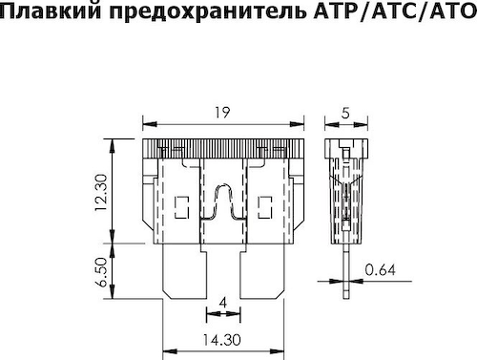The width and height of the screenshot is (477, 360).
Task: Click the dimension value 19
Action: (223, 111)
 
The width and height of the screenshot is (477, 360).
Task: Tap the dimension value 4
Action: (222, 303)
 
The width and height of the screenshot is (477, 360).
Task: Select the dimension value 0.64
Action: (381, 270)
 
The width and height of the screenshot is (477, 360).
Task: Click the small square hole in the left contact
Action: (183, 202)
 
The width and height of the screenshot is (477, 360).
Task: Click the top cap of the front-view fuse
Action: (223, 146)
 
